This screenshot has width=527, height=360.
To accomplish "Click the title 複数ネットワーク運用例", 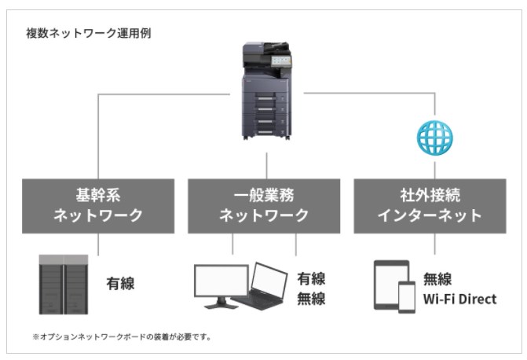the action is tap(89, 33).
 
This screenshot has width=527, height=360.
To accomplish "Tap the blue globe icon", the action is tap(434, 138).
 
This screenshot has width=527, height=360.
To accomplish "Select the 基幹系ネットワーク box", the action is tap(98, 206).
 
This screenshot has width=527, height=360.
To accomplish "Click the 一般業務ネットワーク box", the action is tap(264, 206).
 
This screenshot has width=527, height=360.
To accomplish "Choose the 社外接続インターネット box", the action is tap(430, 206).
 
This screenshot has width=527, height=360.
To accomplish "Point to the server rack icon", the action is tap(64, 285).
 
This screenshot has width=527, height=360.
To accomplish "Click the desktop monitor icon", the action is tap(221, 286).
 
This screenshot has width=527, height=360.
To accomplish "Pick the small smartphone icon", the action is tap(407, 297).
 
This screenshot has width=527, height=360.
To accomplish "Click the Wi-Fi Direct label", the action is tap(459, 299).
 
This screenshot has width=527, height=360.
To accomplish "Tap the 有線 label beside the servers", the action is tap(120, 283).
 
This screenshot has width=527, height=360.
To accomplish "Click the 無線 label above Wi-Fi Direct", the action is tap(437, 279).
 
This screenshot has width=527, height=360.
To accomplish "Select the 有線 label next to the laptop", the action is tap(311, 278).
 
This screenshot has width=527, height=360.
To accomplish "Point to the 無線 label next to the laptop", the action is tap(311, 299).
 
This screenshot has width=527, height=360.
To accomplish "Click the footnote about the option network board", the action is tap(122, 336).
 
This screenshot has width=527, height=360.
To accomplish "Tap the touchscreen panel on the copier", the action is tap(281, 61).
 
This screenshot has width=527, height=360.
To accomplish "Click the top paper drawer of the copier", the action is tap(265, 97).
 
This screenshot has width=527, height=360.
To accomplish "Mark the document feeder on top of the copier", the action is tap(266, 49).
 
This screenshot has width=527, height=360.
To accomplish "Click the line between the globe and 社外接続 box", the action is tap(434, 171).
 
